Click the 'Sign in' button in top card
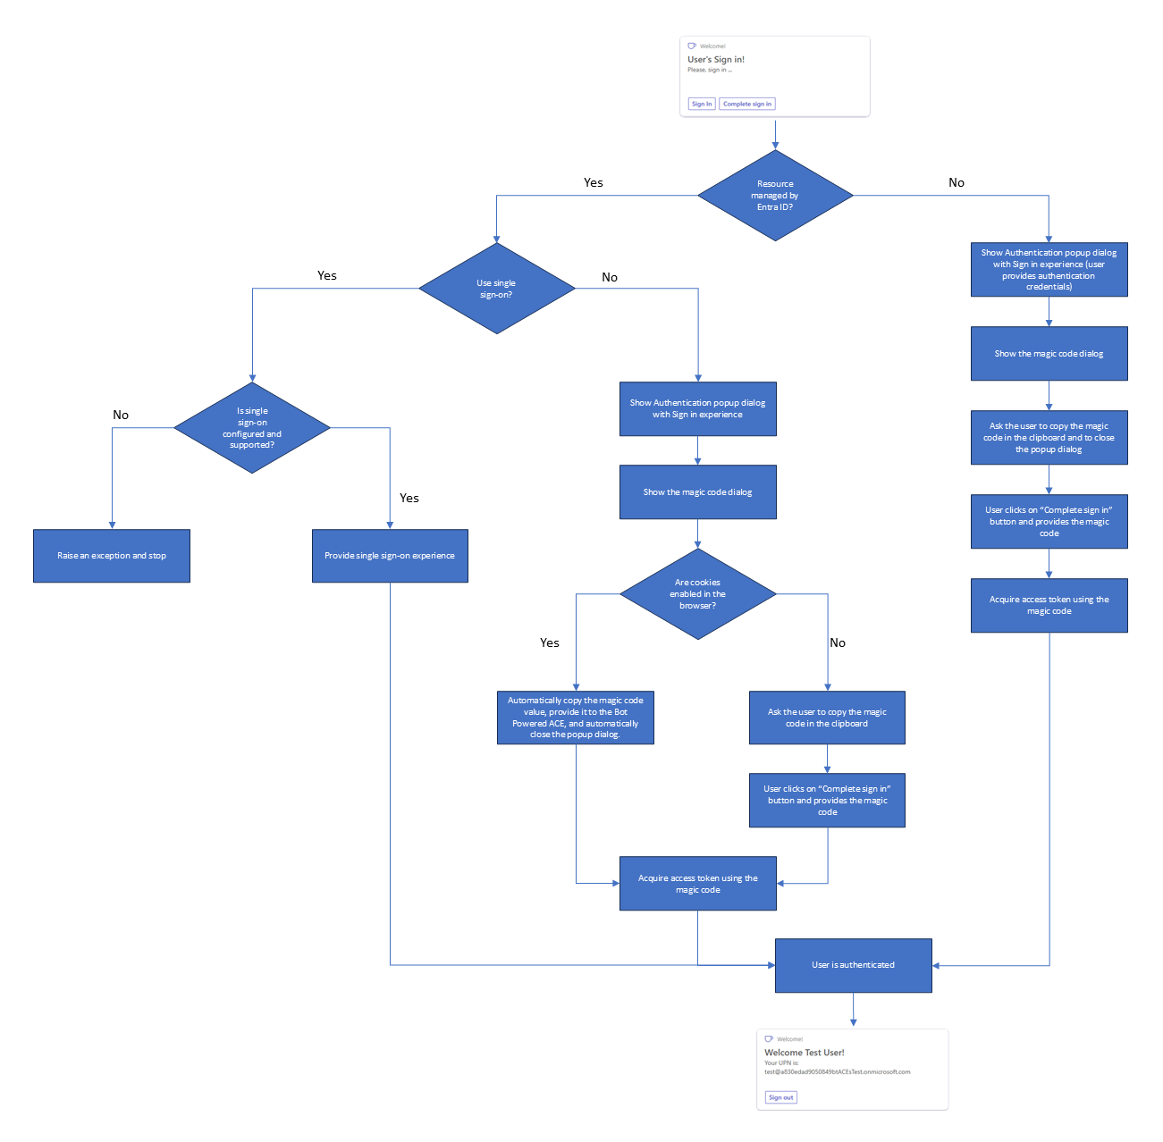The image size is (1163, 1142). [702, 104]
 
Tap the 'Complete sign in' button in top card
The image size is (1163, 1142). [746, 104]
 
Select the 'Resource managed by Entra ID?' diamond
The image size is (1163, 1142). [775, 196]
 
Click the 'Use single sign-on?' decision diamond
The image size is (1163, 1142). [496, 289]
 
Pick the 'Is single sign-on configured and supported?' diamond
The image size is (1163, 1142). [252, 428]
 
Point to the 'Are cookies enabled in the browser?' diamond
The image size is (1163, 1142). [697, 594]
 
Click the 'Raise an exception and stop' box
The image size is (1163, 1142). [112, 556]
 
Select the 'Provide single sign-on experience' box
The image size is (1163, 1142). [390, 556]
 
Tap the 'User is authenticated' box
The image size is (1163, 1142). [853, 965]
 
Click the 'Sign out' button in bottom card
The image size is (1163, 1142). [780, 1097]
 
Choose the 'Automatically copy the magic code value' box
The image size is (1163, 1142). [575, 718]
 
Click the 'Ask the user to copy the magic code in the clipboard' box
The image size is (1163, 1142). [827, 718]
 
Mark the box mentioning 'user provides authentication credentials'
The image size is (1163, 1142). [1049, 270]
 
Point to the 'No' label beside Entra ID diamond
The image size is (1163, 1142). [957, 182]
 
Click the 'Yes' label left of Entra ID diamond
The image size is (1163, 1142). [594, 182]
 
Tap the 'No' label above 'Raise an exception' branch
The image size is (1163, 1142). [121, 415]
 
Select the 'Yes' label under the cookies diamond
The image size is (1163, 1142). [550, 642]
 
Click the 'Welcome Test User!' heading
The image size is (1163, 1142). [804, 1053]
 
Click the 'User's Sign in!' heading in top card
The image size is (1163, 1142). [715, 60]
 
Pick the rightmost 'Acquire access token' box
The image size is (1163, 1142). [1049, 606]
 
